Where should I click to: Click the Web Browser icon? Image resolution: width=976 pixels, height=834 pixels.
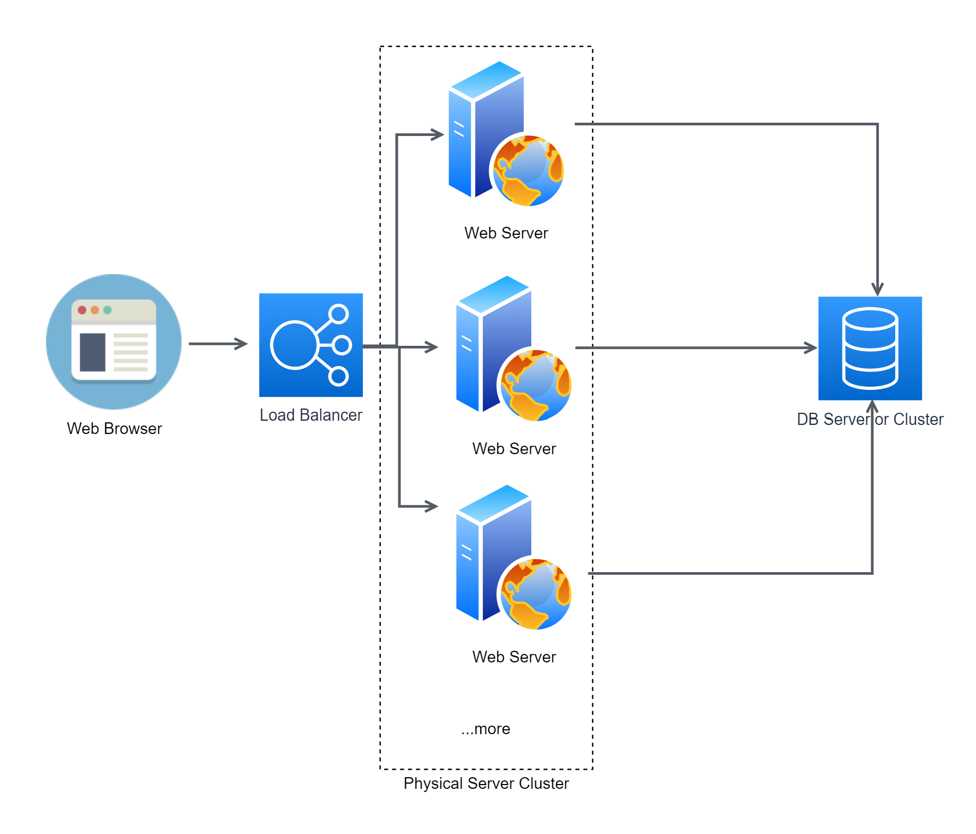114,342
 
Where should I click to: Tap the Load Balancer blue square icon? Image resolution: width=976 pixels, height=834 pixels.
311,345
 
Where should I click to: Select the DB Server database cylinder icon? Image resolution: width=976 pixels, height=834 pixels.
870,348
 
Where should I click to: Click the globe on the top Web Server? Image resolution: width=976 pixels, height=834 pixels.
528,171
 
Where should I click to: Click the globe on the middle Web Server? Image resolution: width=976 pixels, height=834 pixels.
535,385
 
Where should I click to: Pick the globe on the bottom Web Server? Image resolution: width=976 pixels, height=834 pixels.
535,594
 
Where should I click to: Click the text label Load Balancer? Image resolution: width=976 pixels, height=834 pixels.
311,415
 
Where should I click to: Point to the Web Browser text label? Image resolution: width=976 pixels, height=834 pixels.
114,429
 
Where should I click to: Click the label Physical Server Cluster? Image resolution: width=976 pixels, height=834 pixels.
486,784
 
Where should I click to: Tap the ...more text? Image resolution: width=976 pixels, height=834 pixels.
486,729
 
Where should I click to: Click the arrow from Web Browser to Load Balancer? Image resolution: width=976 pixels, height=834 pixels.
218,344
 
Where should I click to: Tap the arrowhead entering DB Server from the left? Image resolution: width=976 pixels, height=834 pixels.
811,348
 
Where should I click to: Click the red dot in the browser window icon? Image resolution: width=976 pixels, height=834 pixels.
82,310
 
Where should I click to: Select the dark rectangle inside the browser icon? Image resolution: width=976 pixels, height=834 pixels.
92,352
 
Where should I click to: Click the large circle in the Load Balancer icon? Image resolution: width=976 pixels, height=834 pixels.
294,345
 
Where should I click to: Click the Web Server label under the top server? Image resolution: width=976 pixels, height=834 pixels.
506,233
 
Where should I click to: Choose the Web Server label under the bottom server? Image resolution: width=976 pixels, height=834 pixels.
514,657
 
